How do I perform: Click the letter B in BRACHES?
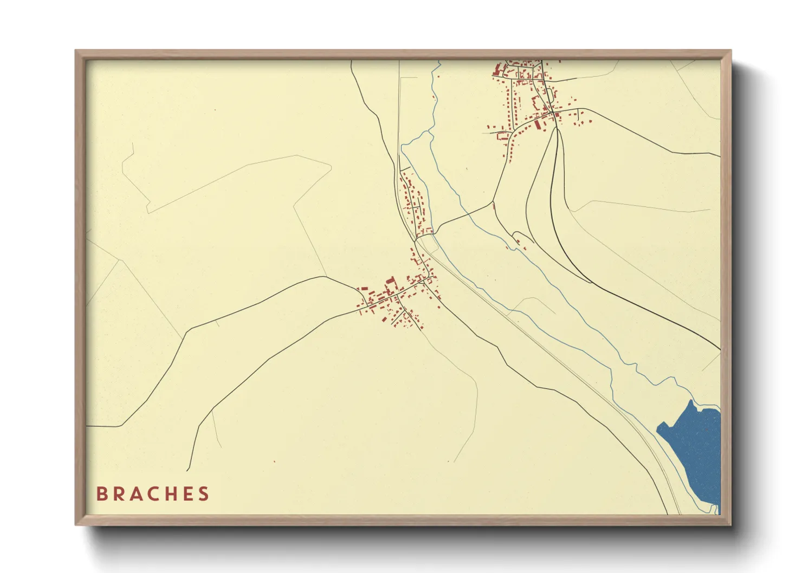click(101, 494)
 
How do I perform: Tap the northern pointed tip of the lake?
click(691, 401)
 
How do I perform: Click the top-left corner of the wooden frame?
click(76, 51)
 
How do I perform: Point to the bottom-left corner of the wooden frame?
click(76, 524)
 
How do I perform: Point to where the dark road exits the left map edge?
click(87, 426)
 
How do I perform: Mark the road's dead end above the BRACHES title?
click(188, 470)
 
